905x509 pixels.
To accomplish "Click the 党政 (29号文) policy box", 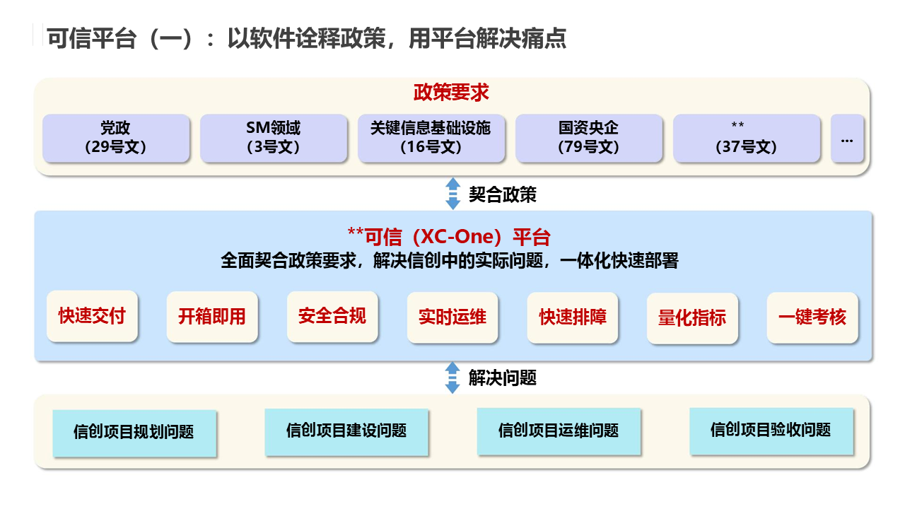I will [x=116, y=138].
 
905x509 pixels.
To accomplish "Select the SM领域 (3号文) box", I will [x=274, y=138].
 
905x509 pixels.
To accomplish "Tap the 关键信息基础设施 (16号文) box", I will [x=431, y=138].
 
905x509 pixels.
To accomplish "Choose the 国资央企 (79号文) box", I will [x=589, y=138].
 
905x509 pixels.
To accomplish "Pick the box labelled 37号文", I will [x=747, y=138].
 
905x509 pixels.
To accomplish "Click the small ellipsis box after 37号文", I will [x=847, y=138].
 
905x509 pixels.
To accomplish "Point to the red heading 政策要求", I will [x=451, y=93].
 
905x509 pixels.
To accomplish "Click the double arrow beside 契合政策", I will [x=452, y=194].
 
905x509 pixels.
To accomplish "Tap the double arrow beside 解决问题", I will [x=452, y=378].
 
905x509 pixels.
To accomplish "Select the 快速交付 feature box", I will [x=92, y=316].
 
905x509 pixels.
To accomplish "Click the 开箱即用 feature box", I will [x=212, y=317].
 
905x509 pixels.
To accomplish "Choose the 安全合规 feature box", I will [x=332, y=316].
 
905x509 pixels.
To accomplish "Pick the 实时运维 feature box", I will [x=452, y=317].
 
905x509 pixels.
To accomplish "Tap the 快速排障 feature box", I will [x=573, y=317].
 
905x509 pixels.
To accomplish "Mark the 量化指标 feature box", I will [x=692, y=318].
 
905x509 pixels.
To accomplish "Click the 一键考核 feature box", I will [x=812, y=317].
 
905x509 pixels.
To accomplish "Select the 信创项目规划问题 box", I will [x=134, y=432].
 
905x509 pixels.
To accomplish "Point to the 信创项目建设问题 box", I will [x=346, y=431].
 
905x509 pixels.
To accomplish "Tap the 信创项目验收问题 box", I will [x=771, y=430].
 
